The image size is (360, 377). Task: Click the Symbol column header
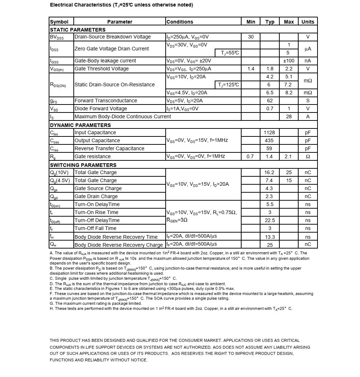pyautogui.click(x=59, y=22)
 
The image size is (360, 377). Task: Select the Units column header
pyautogui.click(x=308, y=22)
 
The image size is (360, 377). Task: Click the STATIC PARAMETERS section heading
pyautogui.click(x=78, y=30)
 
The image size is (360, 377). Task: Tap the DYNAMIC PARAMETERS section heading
pyautogui.click(x=80, y=125)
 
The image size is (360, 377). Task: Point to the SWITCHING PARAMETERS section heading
pyautogui.click(x=83, y=165)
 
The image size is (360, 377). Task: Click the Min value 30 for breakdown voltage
pyautogui.click(x=251, y=37)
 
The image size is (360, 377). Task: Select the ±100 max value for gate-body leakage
pyautogui.click(x=289, y=61)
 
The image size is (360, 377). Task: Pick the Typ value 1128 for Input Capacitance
pyautogui.click(x=270, y=132)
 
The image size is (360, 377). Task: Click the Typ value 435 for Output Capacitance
pyautogui.click(x=270, y=140)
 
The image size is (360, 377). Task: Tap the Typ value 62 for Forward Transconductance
pyautogui.click(x=270, y=101)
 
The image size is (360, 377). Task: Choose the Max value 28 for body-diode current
pyautogui.click(x=289, y=116)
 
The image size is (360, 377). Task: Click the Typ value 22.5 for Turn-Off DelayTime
pyautogui.click(x=270, y=220)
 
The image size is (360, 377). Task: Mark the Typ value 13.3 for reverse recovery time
pyautogui.click(x=270, y=237)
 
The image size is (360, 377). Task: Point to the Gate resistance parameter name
pyautogui.click(x=93, y=156)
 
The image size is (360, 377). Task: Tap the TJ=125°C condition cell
pyautogui.click(x=228, y=85)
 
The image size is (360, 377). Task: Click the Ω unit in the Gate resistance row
pyautogui.click(x=308, y=156)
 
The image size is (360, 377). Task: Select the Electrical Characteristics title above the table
pyautogui.click(x=121, y=5)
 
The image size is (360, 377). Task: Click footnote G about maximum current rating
pyautogui.click(x=96, y=303)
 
